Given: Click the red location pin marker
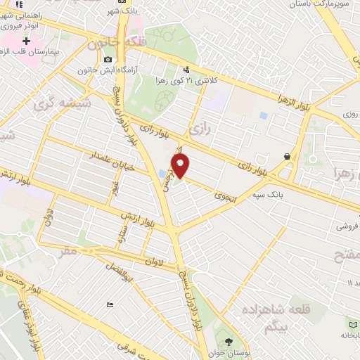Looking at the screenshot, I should (x=181, y=166).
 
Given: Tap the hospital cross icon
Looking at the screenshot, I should (x=27, y=43).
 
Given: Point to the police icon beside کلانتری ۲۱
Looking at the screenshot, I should (x=186, y=70).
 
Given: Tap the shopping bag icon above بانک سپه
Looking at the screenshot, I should (x=288, y=156).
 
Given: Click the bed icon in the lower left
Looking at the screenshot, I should (x=109, y=304).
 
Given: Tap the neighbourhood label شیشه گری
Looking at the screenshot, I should (x=51, y=105).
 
